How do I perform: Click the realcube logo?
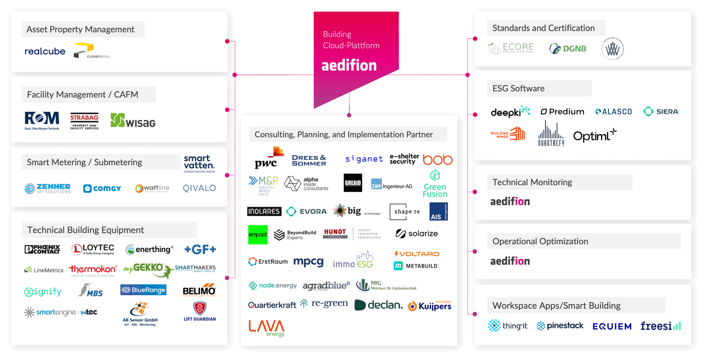click(x=45, y=51)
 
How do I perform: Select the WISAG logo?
click(x=133, y=121)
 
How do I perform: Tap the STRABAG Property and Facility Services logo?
click(x=84, y=122)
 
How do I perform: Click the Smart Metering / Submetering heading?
click(x=85, y=162)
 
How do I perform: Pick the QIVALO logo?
click(x=199, y=188)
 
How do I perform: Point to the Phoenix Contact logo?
click(x=42, y=249)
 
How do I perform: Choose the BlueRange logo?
click(x=143, y=290)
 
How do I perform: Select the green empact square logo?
click(x=258, y=235)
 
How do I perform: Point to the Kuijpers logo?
click(x=430, y=306)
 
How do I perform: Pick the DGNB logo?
click(x=568, y=49)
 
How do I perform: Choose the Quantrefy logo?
click(x=551, y=134)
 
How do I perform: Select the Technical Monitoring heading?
click(x=532, y=182)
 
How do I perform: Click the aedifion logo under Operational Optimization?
click(x=510, y=261)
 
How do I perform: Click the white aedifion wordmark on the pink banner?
click(x=349, y=66)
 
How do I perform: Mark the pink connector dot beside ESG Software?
click(x=475, y=114)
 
